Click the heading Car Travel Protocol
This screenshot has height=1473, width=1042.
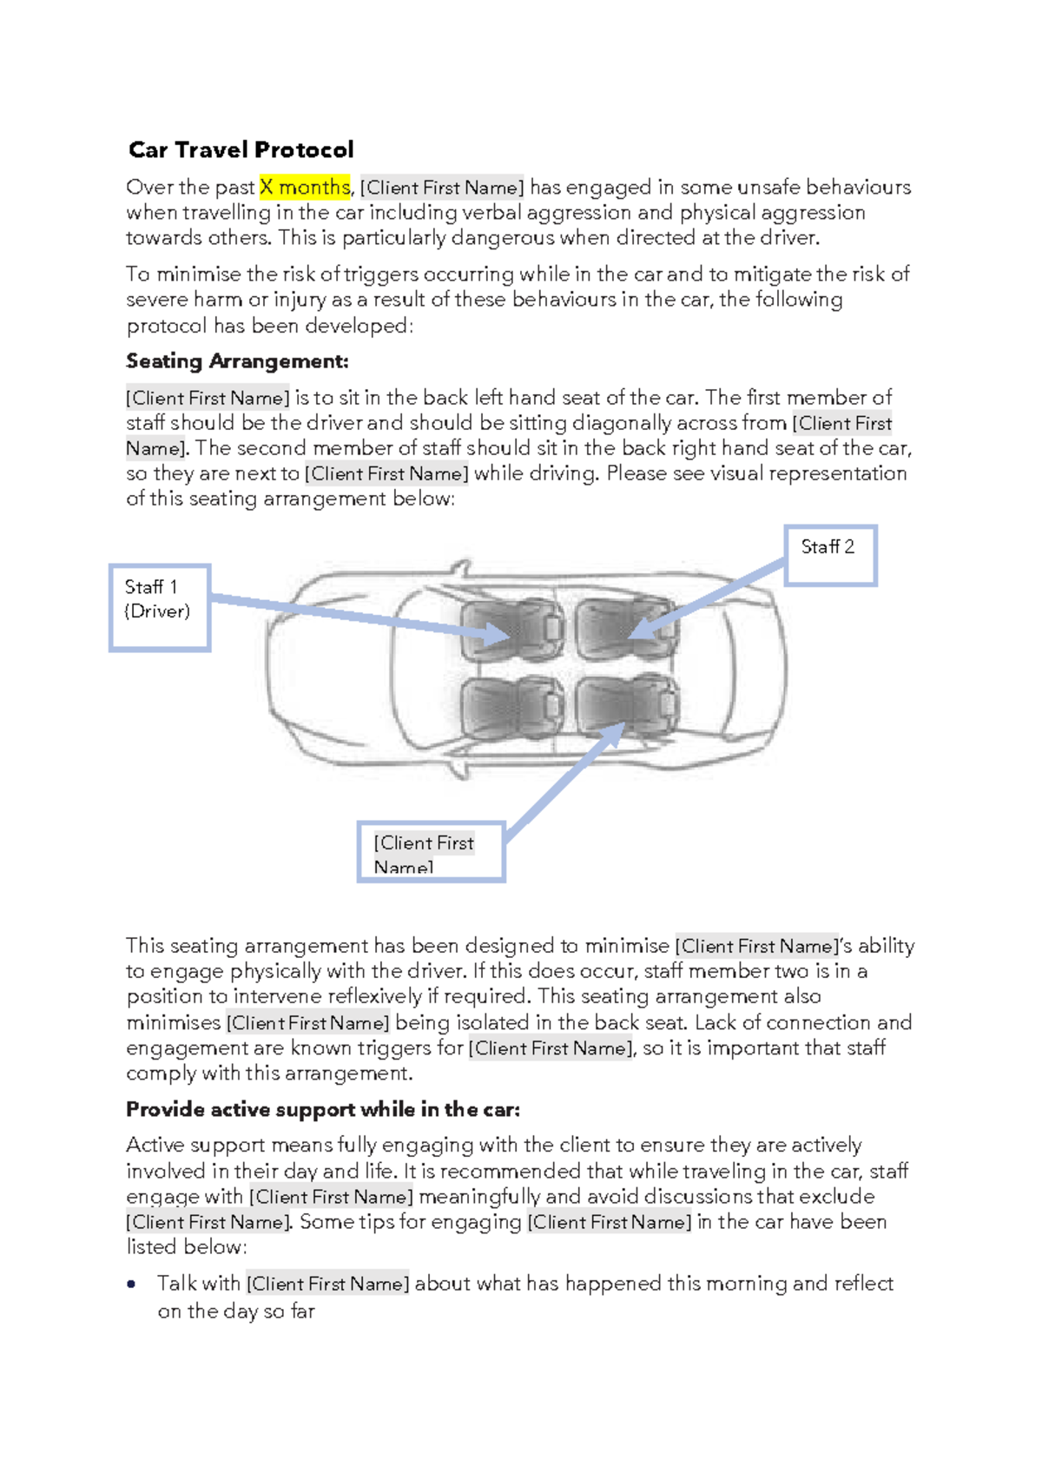pos(241,149)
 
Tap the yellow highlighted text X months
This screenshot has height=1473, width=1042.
pos(305,187)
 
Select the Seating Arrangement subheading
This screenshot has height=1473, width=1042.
pos(237,360)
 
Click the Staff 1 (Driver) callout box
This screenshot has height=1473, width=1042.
pos(160,607)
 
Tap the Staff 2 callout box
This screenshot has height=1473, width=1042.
pos(830,555)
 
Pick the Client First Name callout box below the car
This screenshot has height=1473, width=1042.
pos(431,852)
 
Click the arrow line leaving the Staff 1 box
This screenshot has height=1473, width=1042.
pos(347,613)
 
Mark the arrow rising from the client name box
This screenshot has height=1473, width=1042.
pos(564,782)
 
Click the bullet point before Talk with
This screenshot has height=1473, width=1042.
pos(131,1284)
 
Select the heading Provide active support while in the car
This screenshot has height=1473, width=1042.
pos(323,1109)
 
